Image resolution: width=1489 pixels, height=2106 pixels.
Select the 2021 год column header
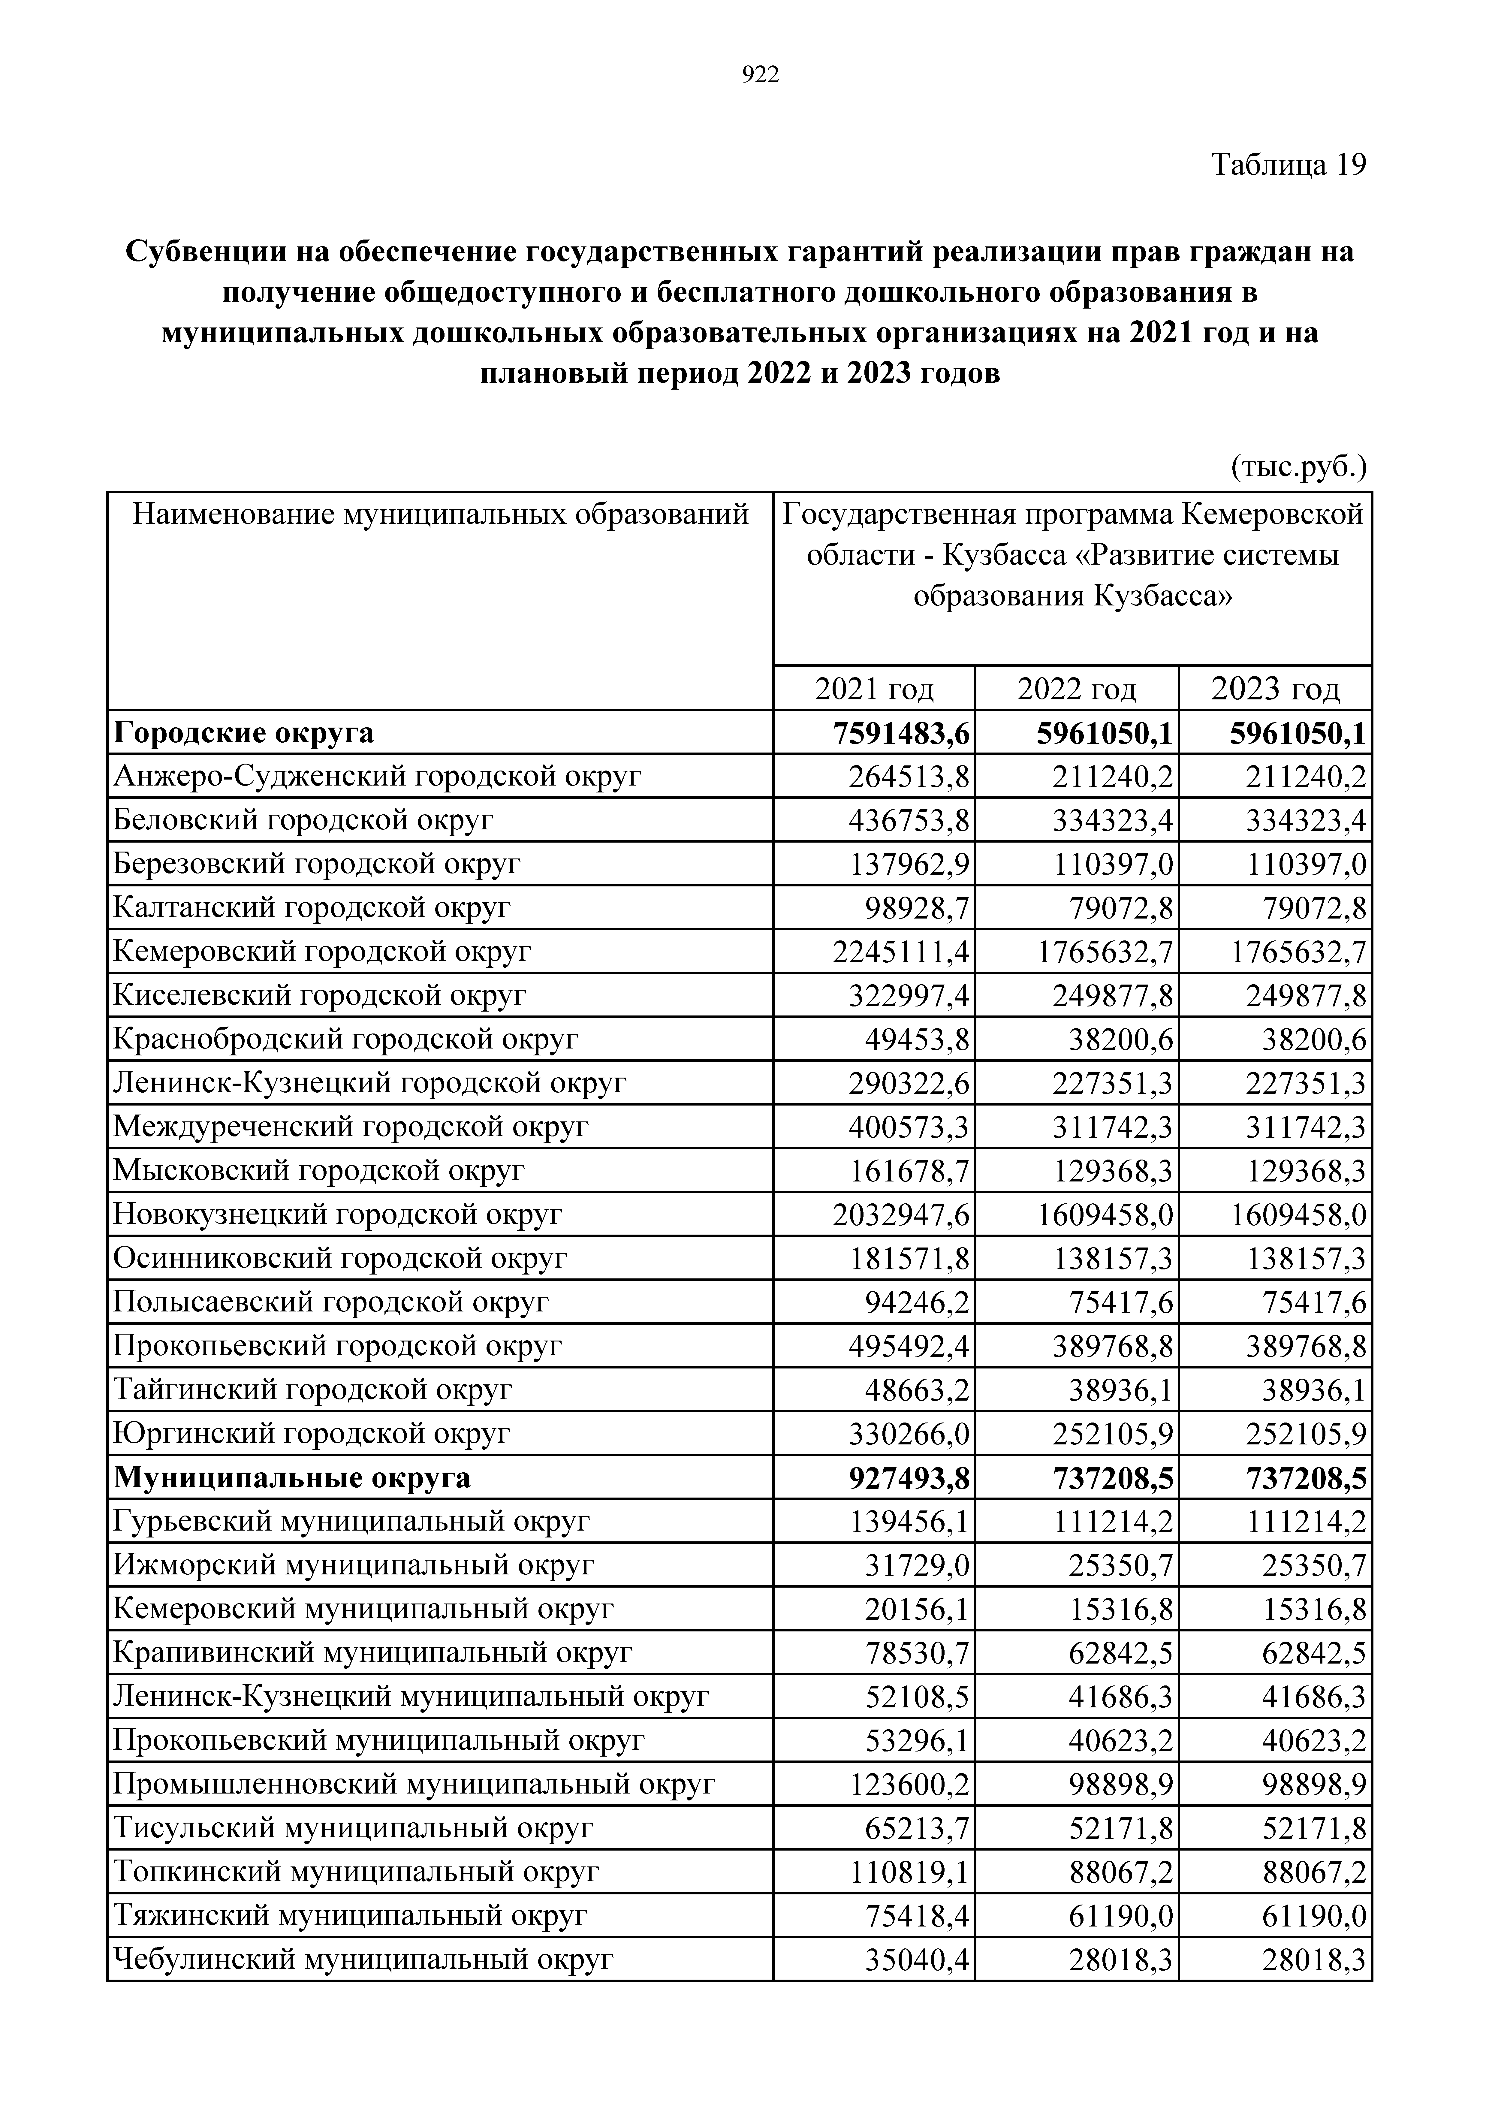pyautogui.click(x=874, y=688)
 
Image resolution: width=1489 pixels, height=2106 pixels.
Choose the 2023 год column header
pyautogui.click(x=1275, y=688)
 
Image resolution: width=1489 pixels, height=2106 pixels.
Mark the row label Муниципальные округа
pyautogui.click(x=292, y=1478)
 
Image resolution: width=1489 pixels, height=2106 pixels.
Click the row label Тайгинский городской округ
pyautogui.click(x=312, y=1389)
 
